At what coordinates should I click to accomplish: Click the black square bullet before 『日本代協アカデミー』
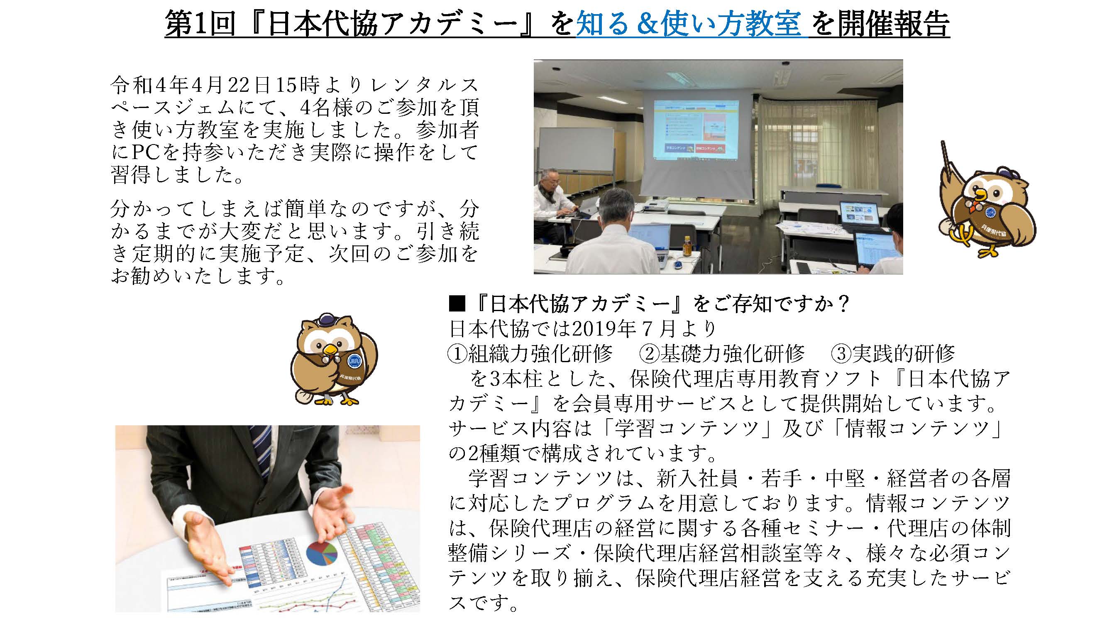coord(457,305)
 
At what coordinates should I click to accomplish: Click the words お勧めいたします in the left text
coord(198,276)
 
